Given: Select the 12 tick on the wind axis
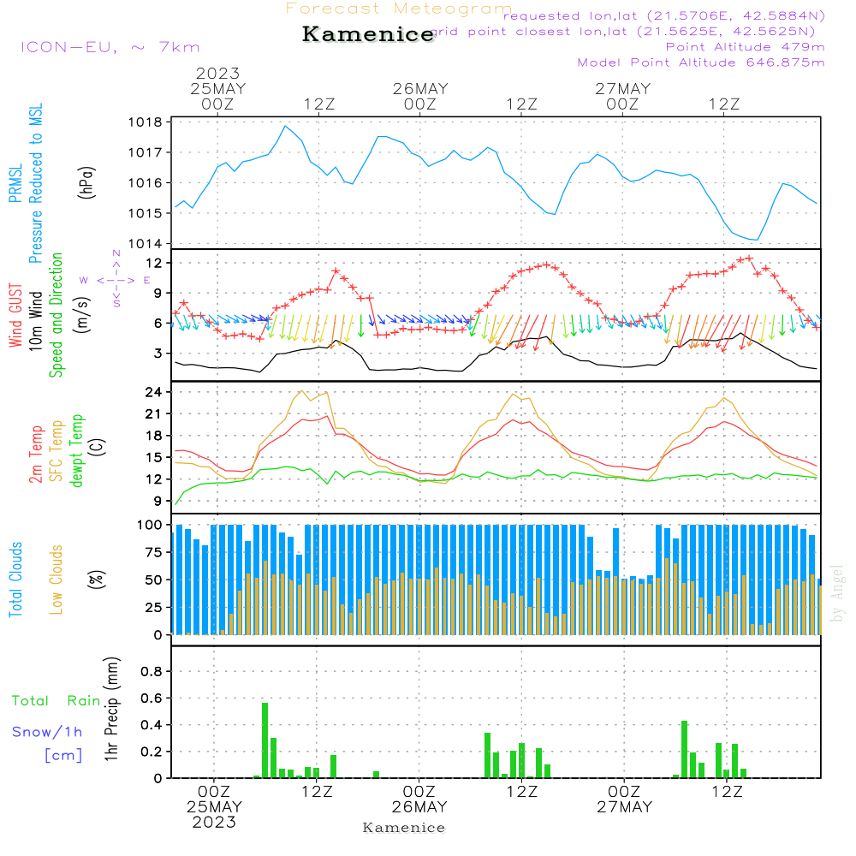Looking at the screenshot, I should (154, 262).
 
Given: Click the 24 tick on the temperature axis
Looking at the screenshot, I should (154, 392).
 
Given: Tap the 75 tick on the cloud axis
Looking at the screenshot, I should (154, 552).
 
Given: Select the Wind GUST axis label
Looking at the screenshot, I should (15, 317).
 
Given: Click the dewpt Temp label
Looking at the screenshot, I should (78, 451).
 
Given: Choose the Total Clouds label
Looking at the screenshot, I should (15, 580).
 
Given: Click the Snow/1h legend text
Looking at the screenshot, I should (48, 732).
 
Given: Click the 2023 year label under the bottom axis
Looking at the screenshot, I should (214, 823).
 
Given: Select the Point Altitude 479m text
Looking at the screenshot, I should (745, 47).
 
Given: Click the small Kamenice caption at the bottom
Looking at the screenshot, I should (404, 828).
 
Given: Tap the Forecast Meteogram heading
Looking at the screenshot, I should (399, 9).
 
